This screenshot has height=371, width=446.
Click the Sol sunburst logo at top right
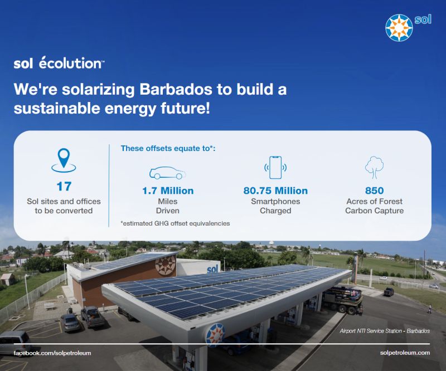399,28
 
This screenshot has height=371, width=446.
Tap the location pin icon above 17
64,160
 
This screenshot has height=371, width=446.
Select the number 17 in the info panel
64,187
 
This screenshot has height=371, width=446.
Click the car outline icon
168,173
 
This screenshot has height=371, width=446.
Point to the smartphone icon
275,168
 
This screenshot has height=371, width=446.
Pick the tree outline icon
374,168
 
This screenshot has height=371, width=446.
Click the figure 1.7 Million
168,191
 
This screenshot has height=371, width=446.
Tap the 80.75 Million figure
275,191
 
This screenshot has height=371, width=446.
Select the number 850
374,191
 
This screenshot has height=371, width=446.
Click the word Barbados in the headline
176,89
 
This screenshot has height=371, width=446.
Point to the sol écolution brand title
59,63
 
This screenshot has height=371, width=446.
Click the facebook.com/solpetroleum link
52,353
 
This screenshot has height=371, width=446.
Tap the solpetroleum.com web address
405,353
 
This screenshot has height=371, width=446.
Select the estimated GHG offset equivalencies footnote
175,223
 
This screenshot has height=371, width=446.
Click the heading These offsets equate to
168,148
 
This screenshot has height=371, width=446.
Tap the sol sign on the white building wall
212,269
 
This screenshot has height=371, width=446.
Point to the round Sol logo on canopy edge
215,335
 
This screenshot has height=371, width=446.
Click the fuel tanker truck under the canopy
342,299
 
